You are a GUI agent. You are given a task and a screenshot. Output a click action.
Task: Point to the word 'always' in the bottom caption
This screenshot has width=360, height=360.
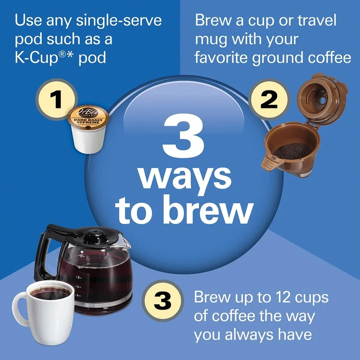(x=257, y=335)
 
